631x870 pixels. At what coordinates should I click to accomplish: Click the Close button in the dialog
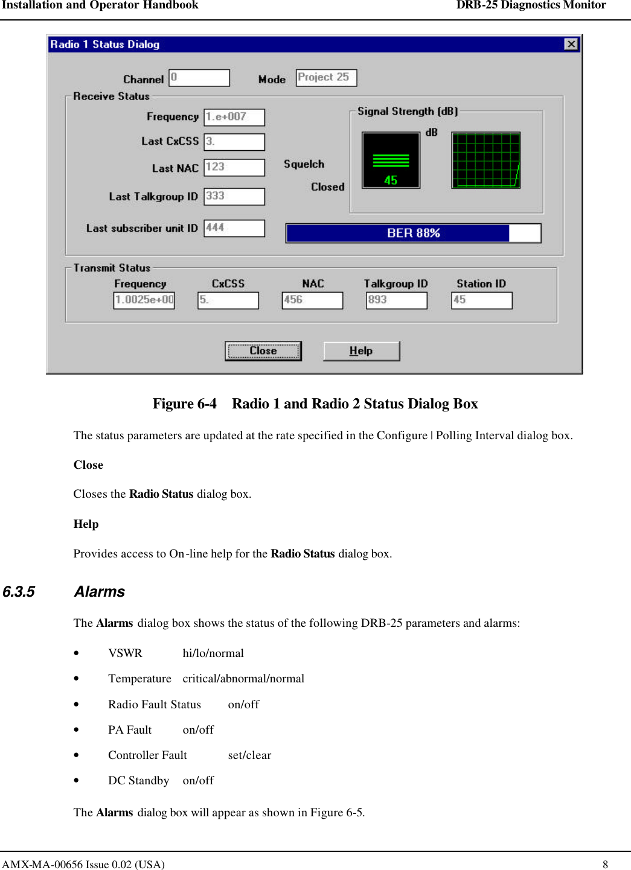pyautogui.click(x=263, y=351)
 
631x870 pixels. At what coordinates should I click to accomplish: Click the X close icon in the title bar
pyautogui.click(x=571, y=44)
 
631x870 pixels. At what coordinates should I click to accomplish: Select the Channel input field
pyautogui.click(x=199, y=78)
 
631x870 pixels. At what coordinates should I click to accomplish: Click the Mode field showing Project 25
pyautogui.click(x=326, y=78)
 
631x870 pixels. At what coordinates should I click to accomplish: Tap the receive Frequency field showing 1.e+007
pyautogui.click(x=234, y=117)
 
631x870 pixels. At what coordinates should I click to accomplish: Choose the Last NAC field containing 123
pyautogui.click(x=234, y=167)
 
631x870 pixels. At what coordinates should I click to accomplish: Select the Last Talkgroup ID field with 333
pyautogui.click(x=234, y=197)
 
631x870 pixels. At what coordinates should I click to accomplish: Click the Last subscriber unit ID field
pyautogui.click(x=234, y=228)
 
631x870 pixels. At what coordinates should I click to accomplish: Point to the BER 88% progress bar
pyautogui.click(x=413, y=233)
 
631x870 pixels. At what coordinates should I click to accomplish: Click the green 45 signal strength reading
pyautogui.click(x=391, y=180)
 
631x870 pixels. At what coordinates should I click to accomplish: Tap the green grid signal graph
pyautogui.click(x=485, y=160)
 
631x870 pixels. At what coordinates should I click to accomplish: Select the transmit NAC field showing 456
pyautogui.click(x=312, y=300)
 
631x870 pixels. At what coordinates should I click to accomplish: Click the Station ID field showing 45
pyautogui.click(x=481, y=300)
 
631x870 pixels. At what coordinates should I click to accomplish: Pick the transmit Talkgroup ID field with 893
pyautogui.click(x=396, y=300)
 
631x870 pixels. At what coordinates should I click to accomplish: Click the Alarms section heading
pyautogui.click(x=100, y=592)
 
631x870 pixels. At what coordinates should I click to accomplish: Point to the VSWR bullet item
pyautogui.click(x=125, y=653)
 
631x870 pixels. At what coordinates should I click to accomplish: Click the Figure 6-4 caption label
pyautogui.click(x=184, y=404)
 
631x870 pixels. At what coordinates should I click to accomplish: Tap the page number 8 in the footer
pyautogui.click(x=605, y=864)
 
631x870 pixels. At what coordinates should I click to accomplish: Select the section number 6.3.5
pyautogui.click(x=19, y=592)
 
